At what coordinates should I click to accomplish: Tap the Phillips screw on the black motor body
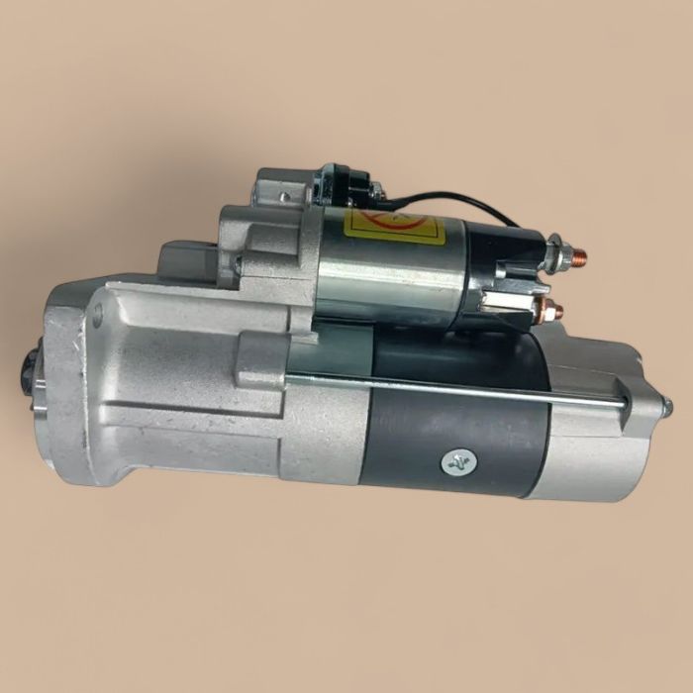(x=457, y=461)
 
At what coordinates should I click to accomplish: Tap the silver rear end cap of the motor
(x=594, y=436)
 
